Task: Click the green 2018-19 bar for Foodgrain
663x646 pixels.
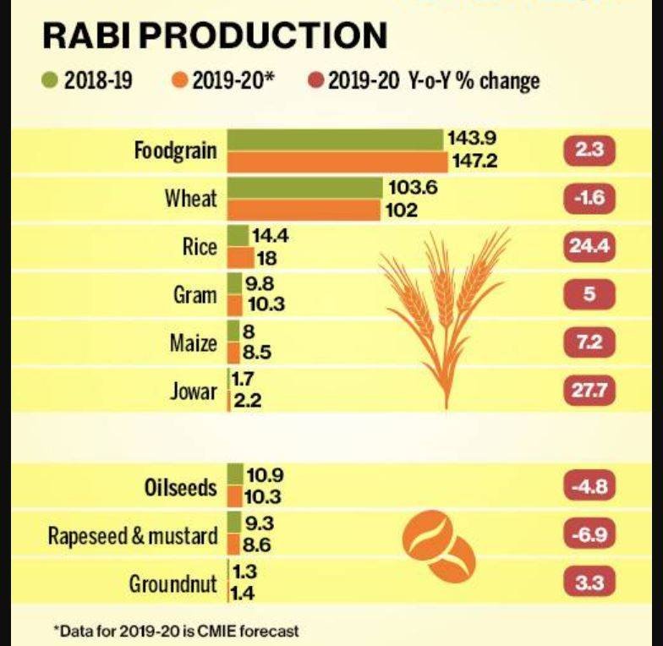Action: (336, 140)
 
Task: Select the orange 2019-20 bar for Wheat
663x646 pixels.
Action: (304, 210)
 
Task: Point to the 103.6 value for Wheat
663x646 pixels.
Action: (413, 189)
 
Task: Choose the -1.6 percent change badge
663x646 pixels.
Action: (589, 199)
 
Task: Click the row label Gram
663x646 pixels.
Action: (195, 296)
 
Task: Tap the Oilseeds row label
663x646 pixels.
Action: (180, 488)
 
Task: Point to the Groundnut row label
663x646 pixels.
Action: (173, 583)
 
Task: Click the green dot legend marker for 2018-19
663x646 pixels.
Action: (49, 82)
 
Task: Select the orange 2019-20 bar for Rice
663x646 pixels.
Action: (240, 258)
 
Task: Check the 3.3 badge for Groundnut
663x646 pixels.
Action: (589, 583)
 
